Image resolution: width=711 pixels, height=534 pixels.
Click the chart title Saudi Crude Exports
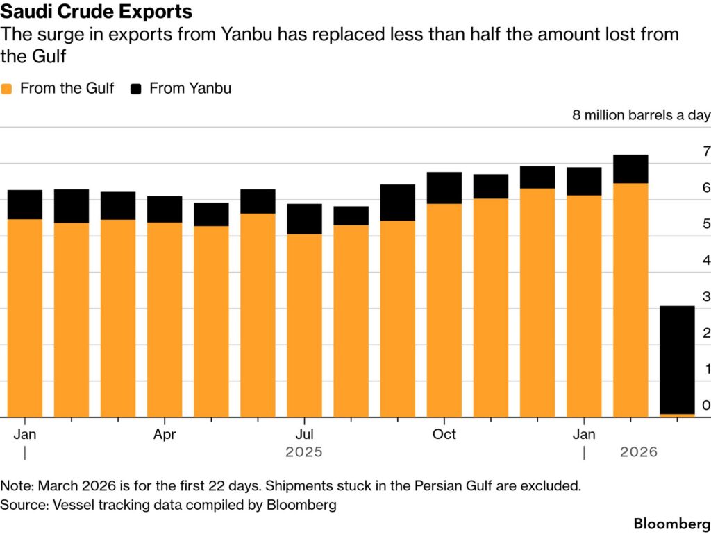point(97,12)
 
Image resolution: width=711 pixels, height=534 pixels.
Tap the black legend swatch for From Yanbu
point(136,89)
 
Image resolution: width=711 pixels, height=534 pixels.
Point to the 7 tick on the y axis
point(706,152)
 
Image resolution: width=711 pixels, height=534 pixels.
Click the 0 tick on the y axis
point(706,405)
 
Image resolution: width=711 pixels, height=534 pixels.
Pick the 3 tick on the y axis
point(706,297)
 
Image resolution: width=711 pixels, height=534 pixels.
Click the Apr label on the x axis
point(165,435)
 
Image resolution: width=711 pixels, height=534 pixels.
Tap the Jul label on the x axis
point(304,435)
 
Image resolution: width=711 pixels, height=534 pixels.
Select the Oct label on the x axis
point(444,435)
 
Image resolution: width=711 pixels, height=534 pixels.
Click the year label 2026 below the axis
point(639,452)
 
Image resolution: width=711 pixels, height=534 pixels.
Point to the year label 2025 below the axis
point(304,452)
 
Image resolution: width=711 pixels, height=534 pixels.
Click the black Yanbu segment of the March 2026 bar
point(677,359)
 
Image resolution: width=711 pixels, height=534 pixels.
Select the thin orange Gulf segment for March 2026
point(677,415)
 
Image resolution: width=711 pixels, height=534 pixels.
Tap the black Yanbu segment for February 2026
point(630,169)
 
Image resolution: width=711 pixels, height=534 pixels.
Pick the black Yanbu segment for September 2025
point(397,203)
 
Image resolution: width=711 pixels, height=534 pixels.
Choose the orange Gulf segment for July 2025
point(304,325)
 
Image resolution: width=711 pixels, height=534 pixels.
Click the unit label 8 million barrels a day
point(641,115)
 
